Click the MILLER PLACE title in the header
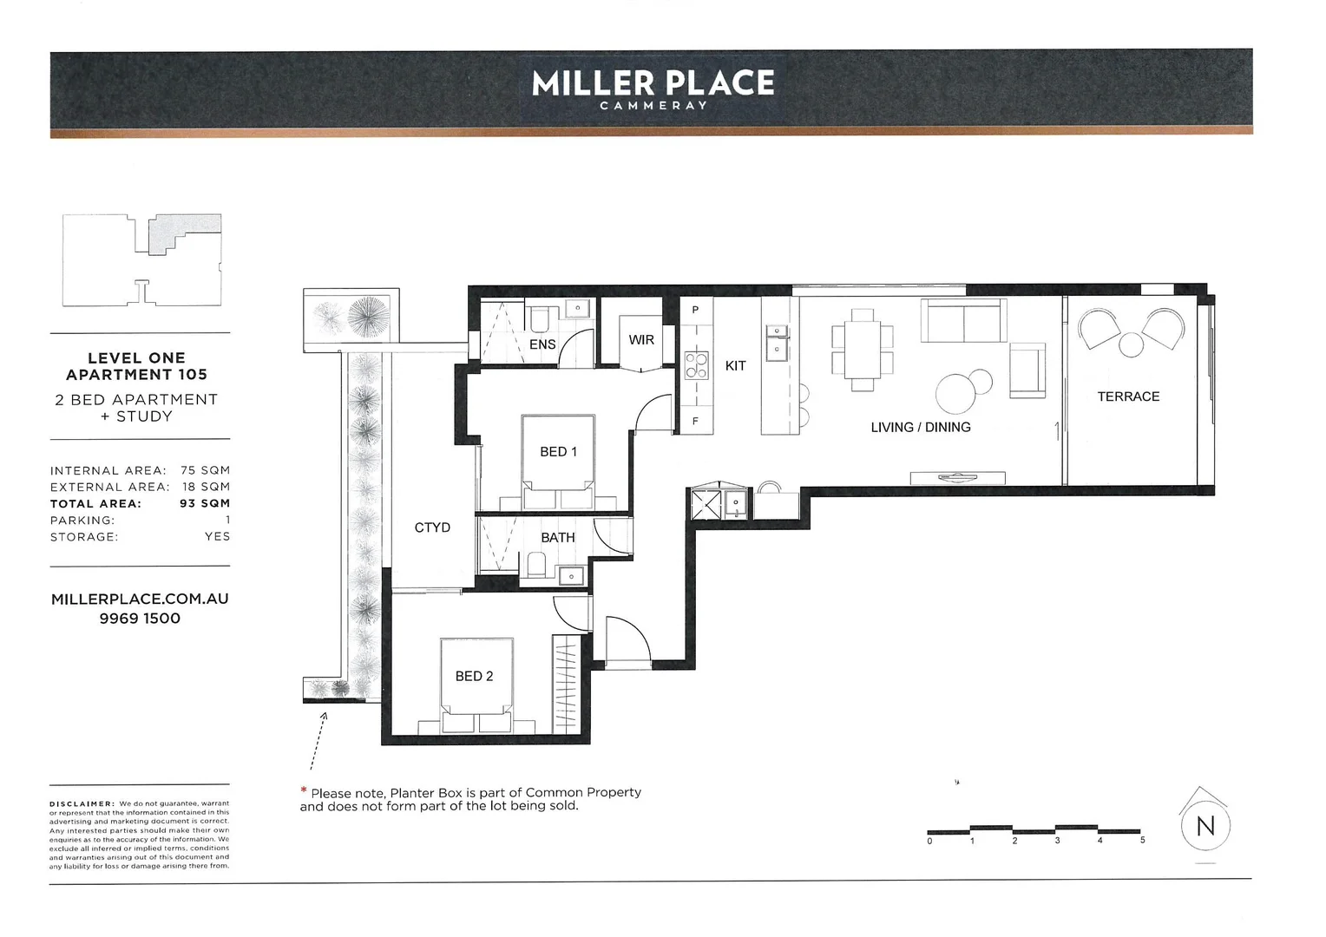pos(653,83)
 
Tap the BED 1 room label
pos(558,452)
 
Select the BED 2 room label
pos(474,676)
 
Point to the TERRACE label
pos(1128,396)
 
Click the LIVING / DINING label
pos(921,427)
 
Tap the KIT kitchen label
pos(735,366)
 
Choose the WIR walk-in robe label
pos(641,340)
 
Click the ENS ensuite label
pos(542,344)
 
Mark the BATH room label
pos(558,538)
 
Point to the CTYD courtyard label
pos(432,527)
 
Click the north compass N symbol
pos(1205,826)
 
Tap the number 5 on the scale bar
pos(1143,840)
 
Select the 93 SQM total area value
pos(205,503)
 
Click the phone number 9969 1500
pos(140,619)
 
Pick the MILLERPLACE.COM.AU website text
pos(140,599)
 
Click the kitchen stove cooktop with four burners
pos(696,364)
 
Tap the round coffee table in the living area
pos(956,393)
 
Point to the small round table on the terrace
pos(1131,344)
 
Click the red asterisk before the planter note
pos(304,791)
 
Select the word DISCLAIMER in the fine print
pos(82,804)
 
